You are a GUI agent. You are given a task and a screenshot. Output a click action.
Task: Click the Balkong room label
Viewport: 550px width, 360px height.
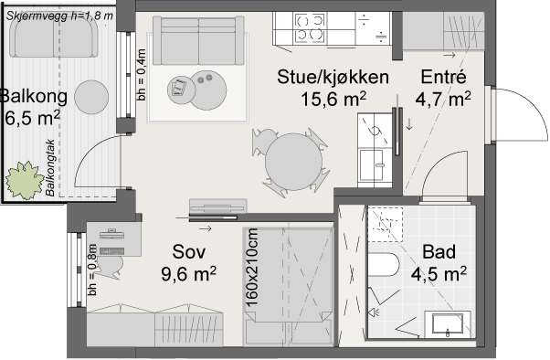click(31, 96)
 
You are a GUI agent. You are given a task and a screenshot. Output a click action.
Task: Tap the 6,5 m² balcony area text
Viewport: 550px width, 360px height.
click(32, 117)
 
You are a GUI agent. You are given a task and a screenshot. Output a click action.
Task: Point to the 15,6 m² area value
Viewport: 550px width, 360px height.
click(335, 98)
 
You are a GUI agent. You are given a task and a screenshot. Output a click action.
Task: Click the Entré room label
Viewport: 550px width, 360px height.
click(444, 77)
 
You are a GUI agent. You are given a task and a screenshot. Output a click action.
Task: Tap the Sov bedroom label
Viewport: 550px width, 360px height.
click(191, 251)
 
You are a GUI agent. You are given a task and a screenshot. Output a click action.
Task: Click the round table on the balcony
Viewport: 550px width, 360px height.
click(91, 96)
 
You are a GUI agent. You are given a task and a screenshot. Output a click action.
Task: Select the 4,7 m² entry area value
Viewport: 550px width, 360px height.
click(443, 98)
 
